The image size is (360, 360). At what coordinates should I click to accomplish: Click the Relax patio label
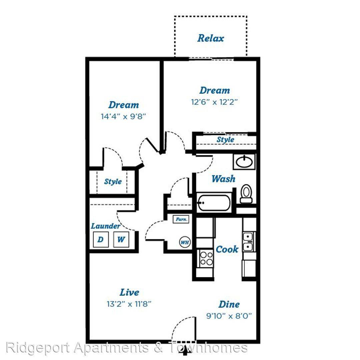pyautogui.click(x=211, y=38)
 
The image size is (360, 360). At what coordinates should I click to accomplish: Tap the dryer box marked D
pyautogui.click(x=101, y=239)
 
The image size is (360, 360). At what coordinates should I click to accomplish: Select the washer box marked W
pyautogui.click(x=121, y=239)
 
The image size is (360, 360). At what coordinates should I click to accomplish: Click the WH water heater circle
pyautogui.click(x=185, y=242)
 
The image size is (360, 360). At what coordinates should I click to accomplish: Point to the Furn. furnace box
pyautogui.click(x=181, y=219)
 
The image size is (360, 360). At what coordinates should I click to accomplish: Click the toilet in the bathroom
pyautogui.click(x=246, y=194)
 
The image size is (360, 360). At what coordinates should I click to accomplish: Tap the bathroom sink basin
pyautogui.click(x=244, y=162)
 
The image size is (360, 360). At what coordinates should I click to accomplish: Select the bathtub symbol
pyautogui.click(x=214, y=203)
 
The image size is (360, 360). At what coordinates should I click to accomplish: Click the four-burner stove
pyautogui.click(x=206, y=259)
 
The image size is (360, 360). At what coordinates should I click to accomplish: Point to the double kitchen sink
pyautogui.click(x=248, y=242)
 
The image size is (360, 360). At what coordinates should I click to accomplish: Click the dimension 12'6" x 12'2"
pyautogui.click(x=214, y=102)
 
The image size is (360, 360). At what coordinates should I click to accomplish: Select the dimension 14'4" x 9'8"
pyautogui.click(x=123, y=116)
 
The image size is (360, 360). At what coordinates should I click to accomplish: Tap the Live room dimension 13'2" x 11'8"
pyautogui.click(x=129, y=304)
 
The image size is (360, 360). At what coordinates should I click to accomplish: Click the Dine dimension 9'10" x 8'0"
pyautogui.click(x=229, y=316)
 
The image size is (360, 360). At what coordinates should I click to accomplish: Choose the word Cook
pyautogui.click(x=227, y=249)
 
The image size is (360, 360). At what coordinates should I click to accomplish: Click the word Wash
pyautogui.click(x=223, y=179)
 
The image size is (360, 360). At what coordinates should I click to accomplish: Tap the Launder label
pyautogui.click(x=105, y=226)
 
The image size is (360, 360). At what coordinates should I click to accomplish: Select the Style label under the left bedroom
pyautogui.click(x=113, y=182)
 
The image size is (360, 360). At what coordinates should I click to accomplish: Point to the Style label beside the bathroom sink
pyautogui.click(x=225, y=140)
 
